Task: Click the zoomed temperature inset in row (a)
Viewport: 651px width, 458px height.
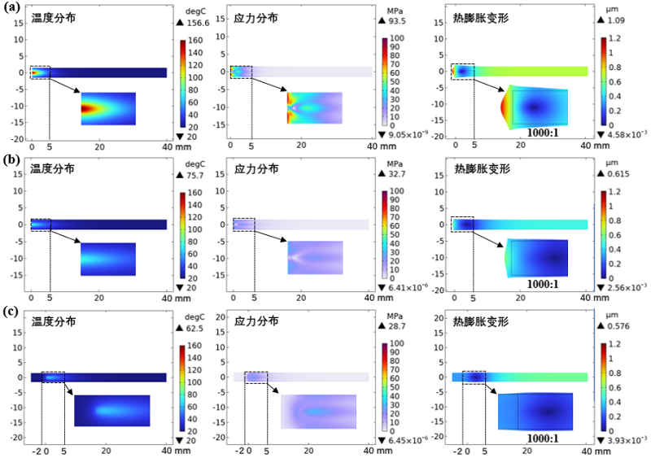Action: [x=108, y=108]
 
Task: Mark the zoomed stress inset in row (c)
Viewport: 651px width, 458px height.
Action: [x=318, y=411]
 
